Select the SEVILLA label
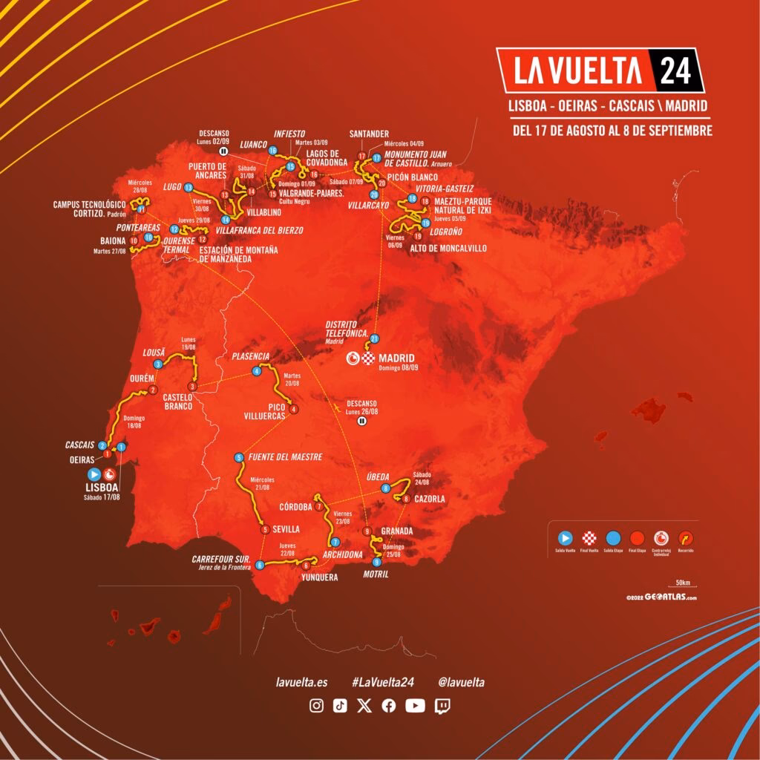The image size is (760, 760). click(285, 529)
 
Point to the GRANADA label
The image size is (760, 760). click(396, 531)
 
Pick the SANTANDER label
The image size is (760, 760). click(369, 134)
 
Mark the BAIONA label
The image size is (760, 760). click(112, 240)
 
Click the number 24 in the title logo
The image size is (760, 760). click(674, 71)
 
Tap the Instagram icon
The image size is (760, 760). click(316, 706)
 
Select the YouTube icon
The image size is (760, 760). click(415, 706)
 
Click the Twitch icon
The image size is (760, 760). click(442, 706)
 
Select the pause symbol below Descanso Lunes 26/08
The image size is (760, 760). click(362, 421)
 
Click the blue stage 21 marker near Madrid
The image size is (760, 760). click(375, 338)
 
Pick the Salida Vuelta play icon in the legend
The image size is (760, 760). click(566, 538)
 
